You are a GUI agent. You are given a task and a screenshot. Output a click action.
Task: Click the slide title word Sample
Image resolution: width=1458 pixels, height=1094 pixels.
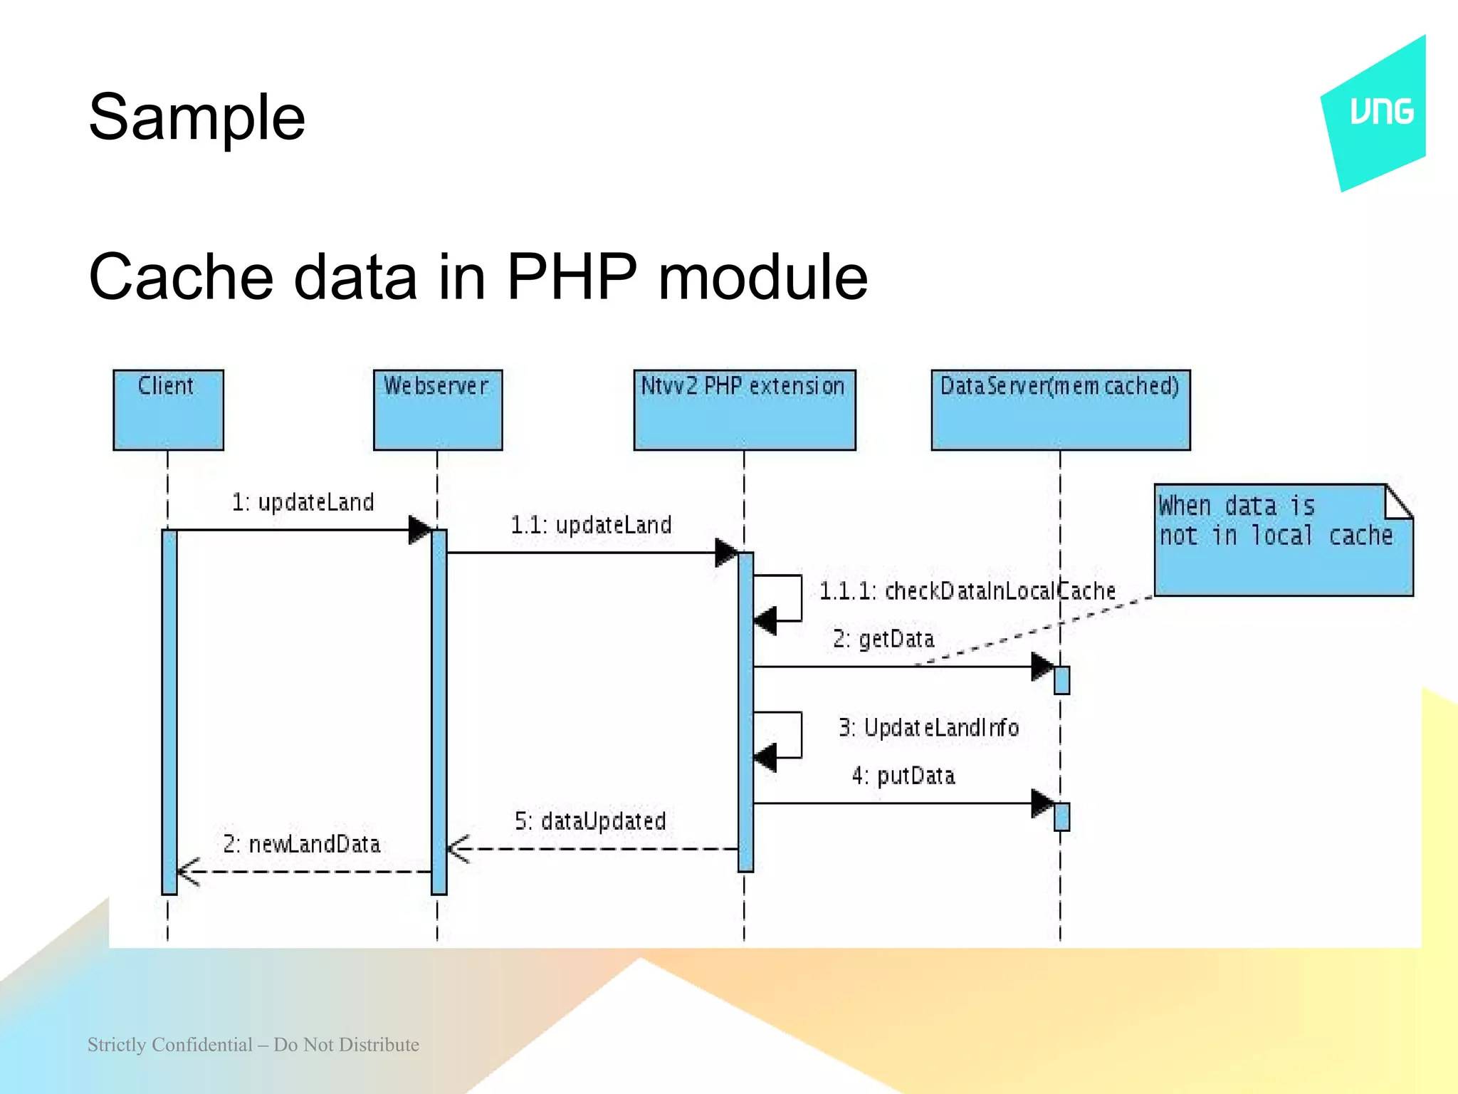(x=196, y=118)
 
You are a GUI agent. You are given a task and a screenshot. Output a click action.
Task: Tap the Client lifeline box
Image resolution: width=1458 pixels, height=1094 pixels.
(x=168, y=410)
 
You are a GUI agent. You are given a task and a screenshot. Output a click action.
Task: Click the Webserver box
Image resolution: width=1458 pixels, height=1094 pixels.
(x=437, y=410)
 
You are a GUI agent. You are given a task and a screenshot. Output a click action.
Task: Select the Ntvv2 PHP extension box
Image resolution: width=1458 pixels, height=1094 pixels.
(x=744, y=410)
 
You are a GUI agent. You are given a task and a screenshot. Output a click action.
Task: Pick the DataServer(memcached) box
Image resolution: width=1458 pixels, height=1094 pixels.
(x=1060, y=410)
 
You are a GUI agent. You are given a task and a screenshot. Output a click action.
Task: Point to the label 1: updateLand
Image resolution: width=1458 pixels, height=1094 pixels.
(x=303, y=502)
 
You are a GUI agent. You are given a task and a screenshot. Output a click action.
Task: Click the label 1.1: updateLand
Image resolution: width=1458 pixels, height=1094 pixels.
(x=591, y=525)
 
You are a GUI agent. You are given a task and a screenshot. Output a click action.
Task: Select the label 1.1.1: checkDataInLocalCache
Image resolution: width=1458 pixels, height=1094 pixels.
(x=967, y=591)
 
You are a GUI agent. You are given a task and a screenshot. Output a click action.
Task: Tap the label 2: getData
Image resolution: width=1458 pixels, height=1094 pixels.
(x=883, y=639)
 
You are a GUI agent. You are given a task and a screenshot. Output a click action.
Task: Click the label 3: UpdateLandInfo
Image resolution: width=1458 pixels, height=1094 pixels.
(x=928, y=728)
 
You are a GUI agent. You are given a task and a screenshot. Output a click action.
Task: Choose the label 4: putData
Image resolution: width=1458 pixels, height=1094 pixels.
(x=903, y=776)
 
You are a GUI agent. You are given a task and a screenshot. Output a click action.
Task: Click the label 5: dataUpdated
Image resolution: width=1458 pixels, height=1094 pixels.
(x=590, y=821)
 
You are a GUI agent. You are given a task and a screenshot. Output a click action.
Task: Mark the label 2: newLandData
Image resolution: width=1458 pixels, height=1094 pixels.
(x=301, y=845)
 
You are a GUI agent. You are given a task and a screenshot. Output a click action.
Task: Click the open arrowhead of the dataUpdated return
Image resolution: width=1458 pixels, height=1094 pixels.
(x=458, y=849)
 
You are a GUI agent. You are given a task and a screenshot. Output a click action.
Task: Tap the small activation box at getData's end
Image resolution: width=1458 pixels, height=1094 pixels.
(x=1061, y=680)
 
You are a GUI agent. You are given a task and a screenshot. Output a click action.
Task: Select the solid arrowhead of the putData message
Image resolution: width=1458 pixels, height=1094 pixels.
(x=1042, y=803)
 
